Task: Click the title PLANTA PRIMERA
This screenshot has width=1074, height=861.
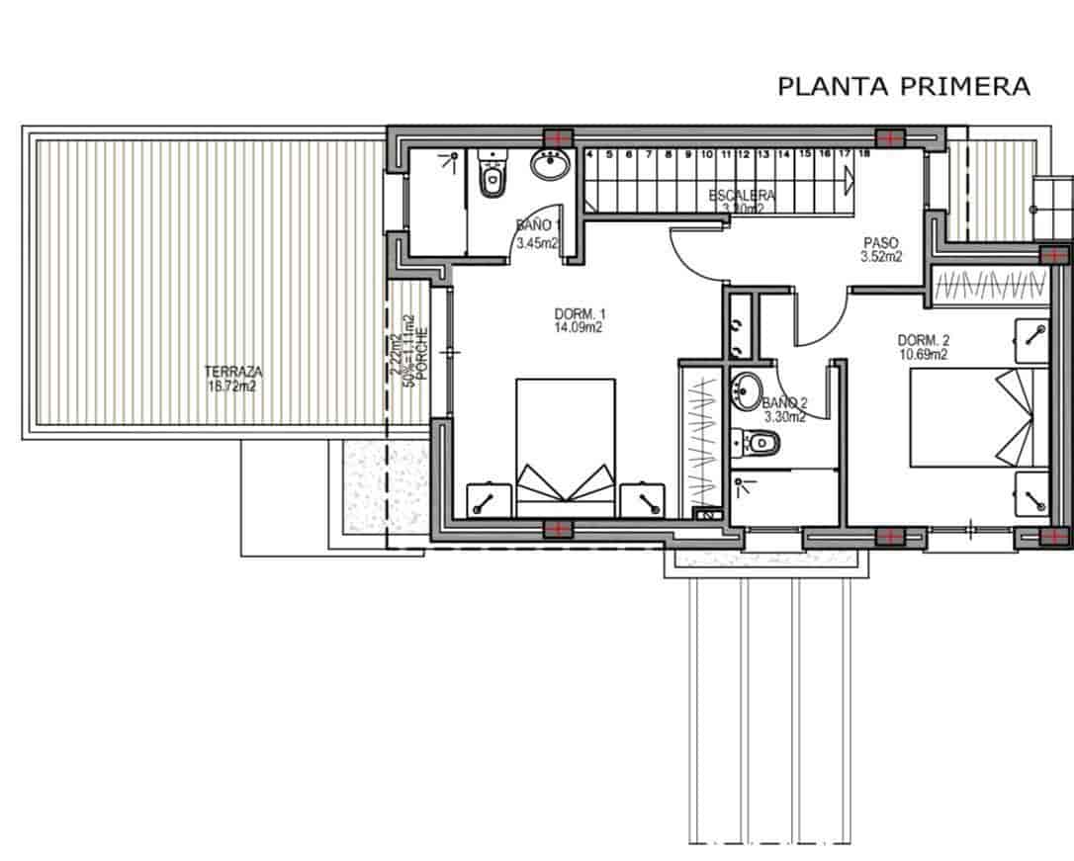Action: [904, 87]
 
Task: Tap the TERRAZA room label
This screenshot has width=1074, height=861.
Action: [233, 372]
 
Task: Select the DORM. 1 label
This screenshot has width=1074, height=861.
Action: [579, 314]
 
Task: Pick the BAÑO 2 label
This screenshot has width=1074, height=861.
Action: [785, 403]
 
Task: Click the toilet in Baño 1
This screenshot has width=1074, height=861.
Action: [491, 177]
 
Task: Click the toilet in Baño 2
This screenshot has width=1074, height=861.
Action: [757, 441]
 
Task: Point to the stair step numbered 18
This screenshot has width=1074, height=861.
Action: [864, 154]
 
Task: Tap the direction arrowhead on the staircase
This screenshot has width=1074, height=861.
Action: [849, 180]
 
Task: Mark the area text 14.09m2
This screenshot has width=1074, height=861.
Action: [579, 327]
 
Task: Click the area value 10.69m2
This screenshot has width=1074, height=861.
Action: [924, 354]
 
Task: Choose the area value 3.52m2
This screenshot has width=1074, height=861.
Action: [881, 257]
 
